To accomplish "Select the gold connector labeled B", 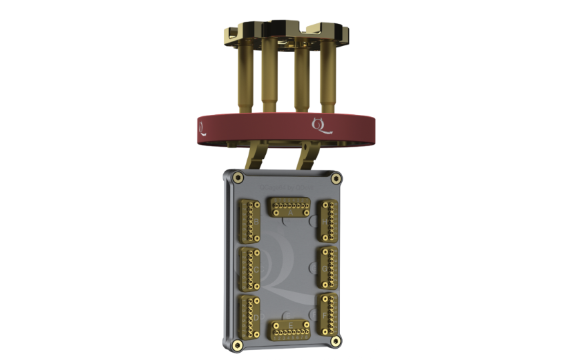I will [x=249, y=220].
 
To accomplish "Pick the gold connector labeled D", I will [x=249, y=314].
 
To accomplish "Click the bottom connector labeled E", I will [x=289, y=329].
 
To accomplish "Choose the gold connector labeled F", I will [x=327, y=313].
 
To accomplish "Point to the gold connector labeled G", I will [x=327, y=266].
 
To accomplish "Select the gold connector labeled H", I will [x=327, y=220].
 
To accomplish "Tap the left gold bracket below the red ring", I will [x=255, y=158].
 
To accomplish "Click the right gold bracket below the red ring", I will [x=309, y=158].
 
